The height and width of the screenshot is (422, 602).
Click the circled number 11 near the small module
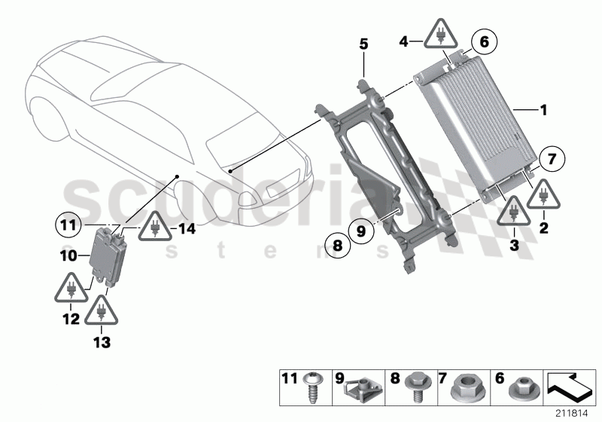[68, 224]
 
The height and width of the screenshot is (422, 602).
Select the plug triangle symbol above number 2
[542, 196]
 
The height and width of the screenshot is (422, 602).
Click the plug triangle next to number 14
[154, 225]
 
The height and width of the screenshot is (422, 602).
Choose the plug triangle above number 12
[70, 289]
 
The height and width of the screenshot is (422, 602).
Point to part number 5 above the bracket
[363, 44]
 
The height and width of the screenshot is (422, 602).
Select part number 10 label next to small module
[68, 256]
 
